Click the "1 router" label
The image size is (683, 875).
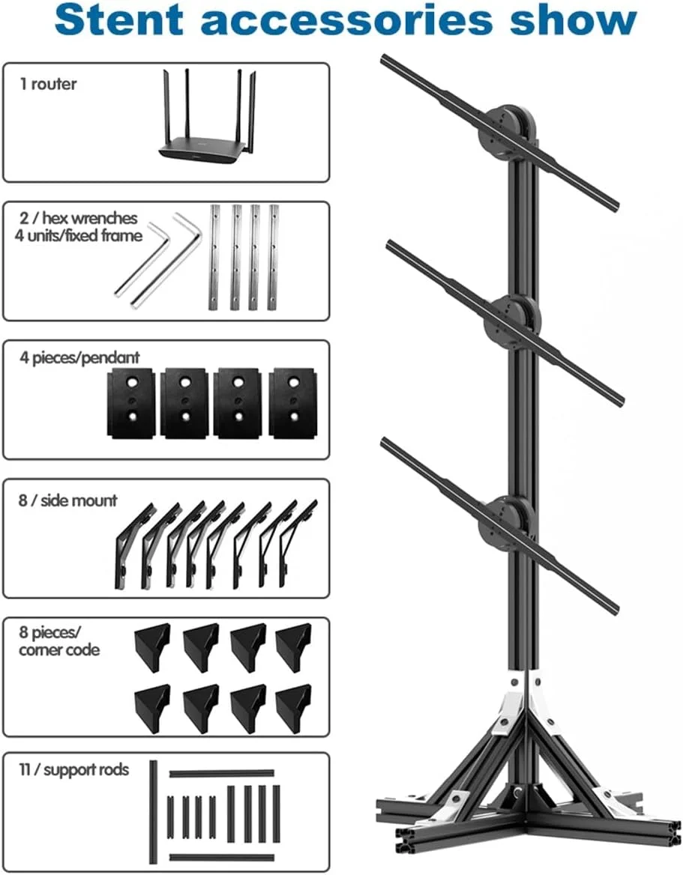coord(48,84)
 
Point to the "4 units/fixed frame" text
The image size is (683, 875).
coord(81,235)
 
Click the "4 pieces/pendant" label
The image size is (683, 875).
coord(79,357)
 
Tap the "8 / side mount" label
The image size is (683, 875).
coord(68,500)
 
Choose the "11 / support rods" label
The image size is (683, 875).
coord(74,769)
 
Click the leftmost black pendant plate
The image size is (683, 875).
coord(131,402)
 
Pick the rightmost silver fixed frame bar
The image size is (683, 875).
coord(273,256)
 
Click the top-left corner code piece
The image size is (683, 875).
coord(152,642)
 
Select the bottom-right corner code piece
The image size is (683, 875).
coord(293,706)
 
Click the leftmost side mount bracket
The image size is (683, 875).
coord(129,547)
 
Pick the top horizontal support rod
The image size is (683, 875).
coord(221,772)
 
